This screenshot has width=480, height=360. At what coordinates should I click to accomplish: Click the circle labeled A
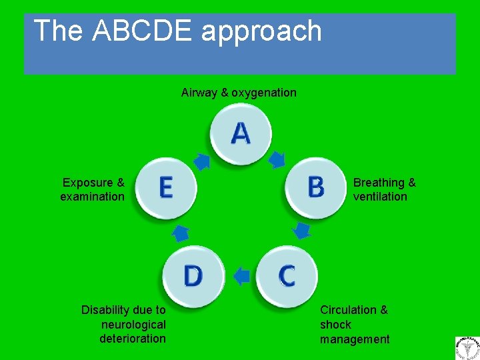point(241,134)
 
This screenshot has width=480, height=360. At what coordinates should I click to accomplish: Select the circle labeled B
point(315,187)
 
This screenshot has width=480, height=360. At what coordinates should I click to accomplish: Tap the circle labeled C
point(287,275)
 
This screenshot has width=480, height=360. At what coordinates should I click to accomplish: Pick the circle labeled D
point(193,276)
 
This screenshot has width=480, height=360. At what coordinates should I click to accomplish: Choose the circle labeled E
point(166,187)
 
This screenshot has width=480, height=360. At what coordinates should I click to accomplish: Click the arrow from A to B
point(276,159)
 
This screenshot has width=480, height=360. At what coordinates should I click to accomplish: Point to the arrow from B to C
point(302,231)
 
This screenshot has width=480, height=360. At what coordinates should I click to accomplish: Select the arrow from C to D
point(241,275)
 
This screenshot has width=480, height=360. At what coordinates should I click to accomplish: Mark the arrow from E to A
point(202,161)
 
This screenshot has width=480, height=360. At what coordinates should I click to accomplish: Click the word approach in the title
point(263,32)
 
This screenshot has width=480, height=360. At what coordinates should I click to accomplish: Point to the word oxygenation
point(264,93)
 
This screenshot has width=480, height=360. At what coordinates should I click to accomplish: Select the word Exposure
point(87,183)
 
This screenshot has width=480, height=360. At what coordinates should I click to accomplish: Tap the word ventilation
point(380,197)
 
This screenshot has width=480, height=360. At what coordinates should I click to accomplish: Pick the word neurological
point(133,325)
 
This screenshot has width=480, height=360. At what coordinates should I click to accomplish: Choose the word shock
point(335,325)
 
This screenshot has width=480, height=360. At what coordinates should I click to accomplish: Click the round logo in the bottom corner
point(467,348)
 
